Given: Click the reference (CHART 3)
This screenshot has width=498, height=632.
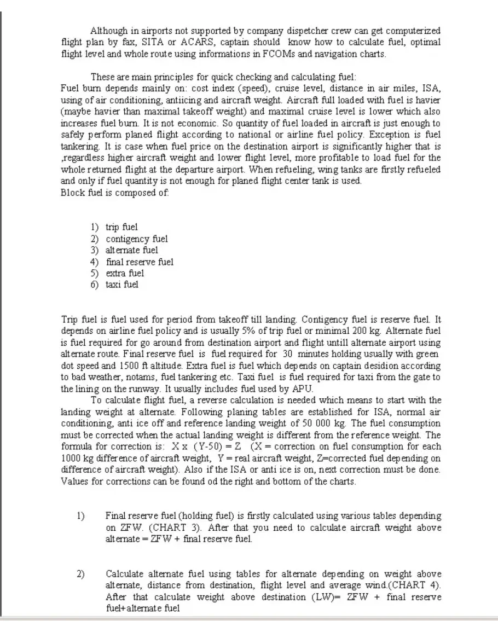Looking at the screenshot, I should [x=170, y=527].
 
